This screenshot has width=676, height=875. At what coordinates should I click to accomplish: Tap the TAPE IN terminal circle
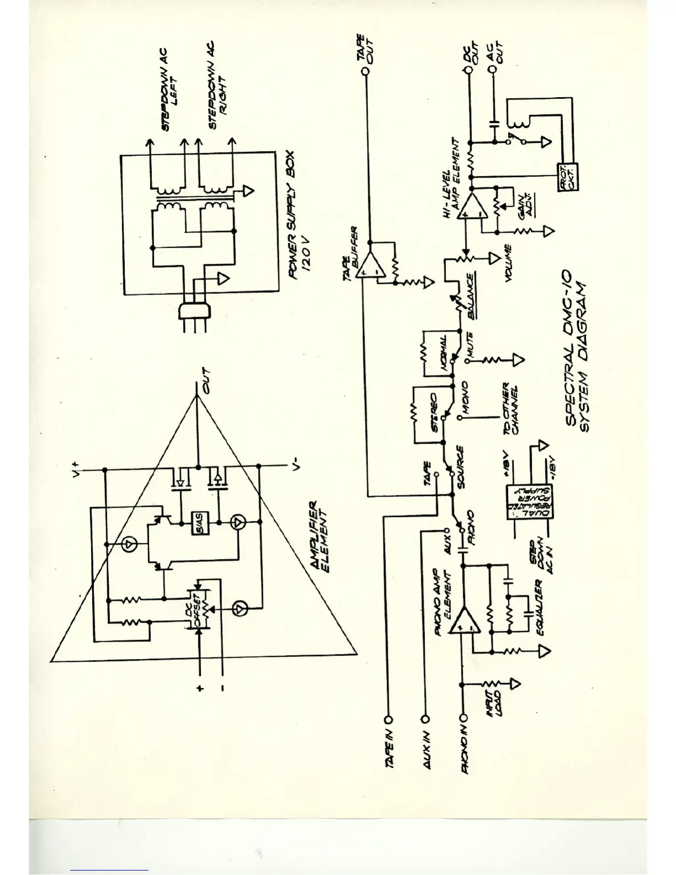(388, 719)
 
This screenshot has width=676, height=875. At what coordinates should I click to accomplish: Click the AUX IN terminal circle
(426, 719)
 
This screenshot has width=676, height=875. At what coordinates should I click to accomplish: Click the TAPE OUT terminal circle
(364, 71)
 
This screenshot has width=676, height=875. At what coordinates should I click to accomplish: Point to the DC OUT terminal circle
(469, 71)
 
